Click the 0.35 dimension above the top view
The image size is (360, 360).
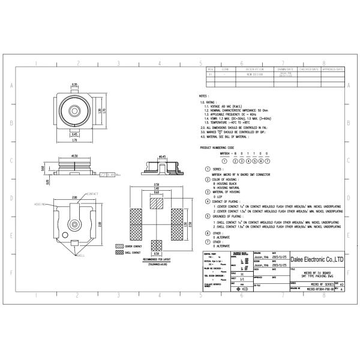click(75, 85)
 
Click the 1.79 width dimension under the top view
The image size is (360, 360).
click(75, 140)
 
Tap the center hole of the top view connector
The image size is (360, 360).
click(74, 112)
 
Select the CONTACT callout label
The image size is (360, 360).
click(92, 194)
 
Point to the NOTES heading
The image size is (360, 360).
click(203, 96)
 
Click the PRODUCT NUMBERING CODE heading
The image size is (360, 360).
click(234, 148)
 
